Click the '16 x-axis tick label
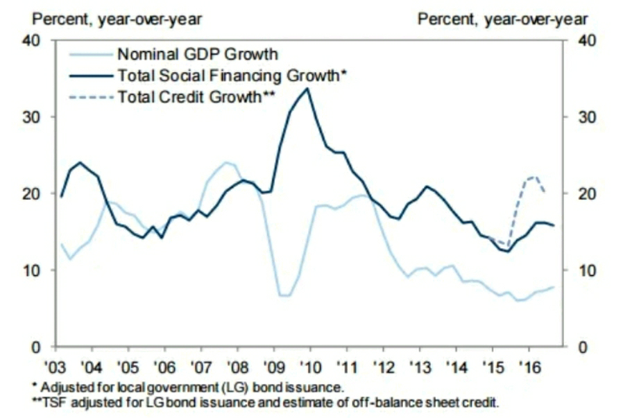click(530, 365)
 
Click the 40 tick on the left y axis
click(38, 40)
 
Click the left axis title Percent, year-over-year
click(117, 19)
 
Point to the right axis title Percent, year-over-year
click(502, 19)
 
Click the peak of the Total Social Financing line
click(307, 88)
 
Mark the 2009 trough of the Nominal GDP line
click(284, 295)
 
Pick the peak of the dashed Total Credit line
click(532, 177)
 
